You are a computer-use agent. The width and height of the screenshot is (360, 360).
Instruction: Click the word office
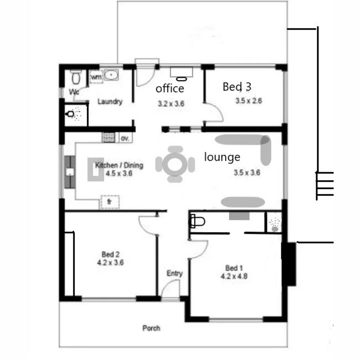pyautogui.click(x=170, y=88)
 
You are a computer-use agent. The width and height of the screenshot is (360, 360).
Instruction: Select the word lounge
pyautogui.click(x=222, y=157)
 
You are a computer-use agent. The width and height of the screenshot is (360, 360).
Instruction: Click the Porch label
pyautogui.click(x=151, y=328)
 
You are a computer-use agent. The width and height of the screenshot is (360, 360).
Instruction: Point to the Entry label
pyautogui.click(x=175, y=274)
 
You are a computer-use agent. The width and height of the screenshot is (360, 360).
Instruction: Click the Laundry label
pyautogui.click(x=110, y=102)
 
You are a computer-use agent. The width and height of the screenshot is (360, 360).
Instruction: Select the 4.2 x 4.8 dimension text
pyautogui.click(x=234, y=276)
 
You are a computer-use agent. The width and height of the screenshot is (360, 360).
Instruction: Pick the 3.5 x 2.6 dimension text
pyautogui.click(x=248, y=101)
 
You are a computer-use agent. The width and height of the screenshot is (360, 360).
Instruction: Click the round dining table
pyautogui.click(x=175, y=164)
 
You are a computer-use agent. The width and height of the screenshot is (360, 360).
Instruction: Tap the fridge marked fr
pyautogui.click(x=109, y=202)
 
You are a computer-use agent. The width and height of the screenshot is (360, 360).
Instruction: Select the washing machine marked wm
pyautogui.click(x=96, y=77)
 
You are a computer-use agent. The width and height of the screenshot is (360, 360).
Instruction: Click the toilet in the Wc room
pyautogui.click(x=76, y=78)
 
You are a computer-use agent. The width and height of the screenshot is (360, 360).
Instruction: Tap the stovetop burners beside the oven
pyautogui.click(x=109, y=137)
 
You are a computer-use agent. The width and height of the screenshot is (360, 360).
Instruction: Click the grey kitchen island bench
pyautogui.click(x=95, y=170)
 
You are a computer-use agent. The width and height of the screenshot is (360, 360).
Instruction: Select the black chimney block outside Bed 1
pyautogui.click(x=289, y=264)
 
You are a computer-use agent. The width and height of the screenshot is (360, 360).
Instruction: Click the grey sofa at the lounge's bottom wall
pyautogui.click(x=243, y=202)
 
